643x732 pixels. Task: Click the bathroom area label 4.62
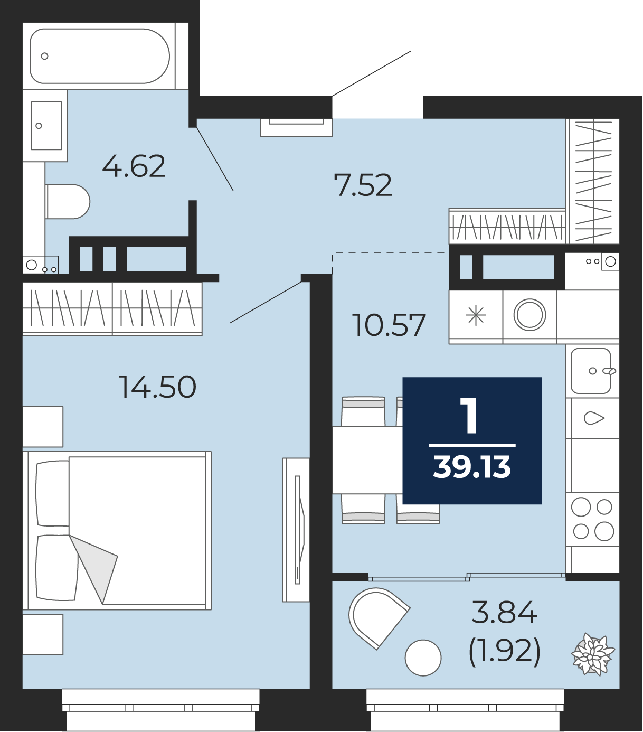(x=134, y=166)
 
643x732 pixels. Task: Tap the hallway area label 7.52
(x=362, y=185)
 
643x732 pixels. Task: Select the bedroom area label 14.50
(x=157, y=387)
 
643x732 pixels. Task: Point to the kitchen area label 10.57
(x=389, y=325)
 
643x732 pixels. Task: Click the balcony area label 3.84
(x=504, y=612)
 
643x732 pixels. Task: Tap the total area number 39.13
(x=472, y=467)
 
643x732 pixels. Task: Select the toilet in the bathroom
(x=68, y=202)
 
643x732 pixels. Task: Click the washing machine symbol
(x=529, y=315)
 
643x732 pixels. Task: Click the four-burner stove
(x=592, y=519)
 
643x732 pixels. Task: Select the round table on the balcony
(x=423, y=658)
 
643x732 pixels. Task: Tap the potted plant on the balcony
(x=593, y=654)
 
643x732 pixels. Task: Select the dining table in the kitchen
(x=367, y=460)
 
